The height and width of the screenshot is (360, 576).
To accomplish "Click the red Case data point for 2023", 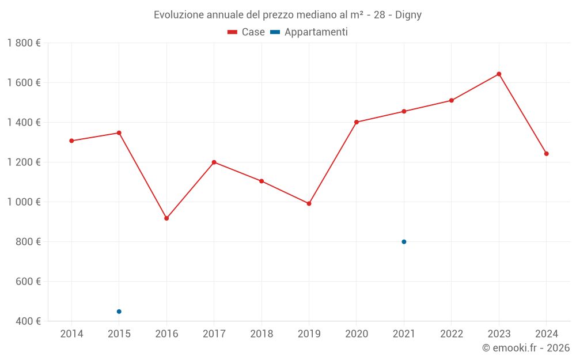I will click(x=499, y=74).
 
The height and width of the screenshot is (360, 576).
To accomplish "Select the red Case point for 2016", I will click(x=166, y=218).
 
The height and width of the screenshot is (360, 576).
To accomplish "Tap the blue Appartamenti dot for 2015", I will click(x=119, y=312).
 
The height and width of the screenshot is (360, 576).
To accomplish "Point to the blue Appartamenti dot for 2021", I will click(x=404, y=242).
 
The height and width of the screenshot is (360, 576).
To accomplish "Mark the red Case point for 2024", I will click(x=546, y=154).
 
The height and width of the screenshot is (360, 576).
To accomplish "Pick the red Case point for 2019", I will click(x=309, y=203).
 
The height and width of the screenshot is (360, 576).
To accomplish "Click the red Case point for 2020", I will click(x=357, y=122).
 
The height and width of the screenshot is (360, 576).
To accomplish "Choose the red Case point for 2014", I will click(x=71, y=141).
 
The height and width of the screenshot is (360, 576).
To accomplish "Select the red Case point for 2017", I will click(x=214, y=162).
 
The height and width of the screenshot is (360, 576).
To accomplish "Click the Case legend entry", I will click(x=247, y=32).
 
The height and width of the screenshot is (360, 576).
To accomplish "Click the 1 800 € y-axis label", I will click(x=24, y=43).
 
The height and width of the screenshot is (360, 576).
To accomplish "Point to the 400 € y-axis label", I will click(x=28, y=321).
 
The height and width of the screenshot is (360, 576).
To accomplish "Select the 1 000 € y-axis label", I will click(x=24, y=202).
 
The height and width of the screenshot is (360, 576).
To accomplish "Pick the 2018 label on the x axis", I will click(x=262, y=334).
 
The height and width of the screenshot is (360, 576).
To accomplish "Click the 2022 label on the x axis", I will click(x=452, y=334).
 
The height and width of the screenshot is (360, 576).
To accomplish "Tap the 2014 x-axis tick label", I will click(x=71, y=334).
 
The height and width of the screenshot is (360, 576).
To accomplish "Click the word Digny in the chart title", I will click(x=408, y=15).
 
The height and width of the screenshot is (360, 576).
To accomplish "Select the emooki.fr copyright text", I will click(x=526, y=348).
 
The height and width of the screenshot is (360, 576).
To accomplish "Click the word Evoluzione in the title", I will click(x=179, y=15).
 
